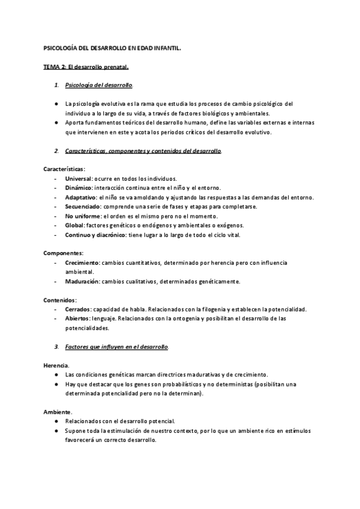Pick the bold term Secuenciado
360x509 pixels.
[83, 206]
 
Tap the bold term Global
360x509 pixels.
[74, 225]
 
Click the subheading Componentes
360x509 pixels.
[64, 253]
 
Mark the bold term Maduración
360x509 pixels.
[82, 281]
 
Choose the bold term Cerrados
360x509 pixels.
[77, 309]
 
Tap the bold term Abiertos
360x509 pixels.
[77, 318]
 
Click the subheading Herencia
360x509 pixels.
[56, 366]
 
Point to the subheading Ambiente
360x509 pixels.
[58, 412]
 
